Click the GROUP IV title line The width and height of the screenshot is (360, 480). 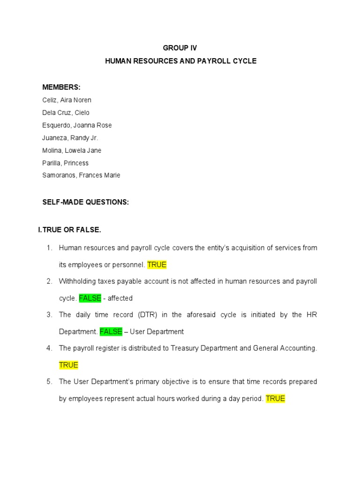180,48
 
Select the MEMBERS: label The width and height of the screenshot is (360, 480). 61,87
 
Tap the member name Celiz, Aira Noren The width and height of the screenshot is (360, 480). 67,100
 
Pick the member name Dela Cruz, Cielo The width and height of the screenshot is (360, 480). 66,112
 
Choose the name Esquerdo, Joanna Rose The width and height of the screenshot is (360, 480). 77,125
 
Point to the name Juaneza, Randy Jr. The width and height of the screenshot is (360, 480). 70,138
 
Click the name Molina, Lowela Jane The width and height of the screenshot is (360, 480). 72,150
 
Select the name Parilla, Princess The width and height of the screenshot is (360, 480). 65,163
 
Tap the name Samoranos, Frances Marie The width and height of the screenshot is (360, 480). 81,175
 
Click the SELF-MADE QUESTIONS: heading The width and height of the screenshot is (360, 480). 85,202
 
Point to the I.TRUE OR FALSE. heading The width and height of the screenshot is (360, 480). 69,230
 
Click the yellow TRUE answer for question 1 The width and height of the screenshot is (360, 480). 157,265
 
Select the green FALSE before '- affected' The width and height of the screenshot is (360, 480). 90,298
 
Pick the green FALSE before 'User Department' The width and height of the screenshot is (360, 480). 111,332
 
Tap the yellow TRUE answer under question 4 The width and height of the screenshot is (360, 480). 68,365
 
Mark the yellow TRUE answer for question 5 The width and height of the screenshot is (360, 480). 275,399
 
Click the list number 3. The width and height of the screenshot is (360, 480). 49,315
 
